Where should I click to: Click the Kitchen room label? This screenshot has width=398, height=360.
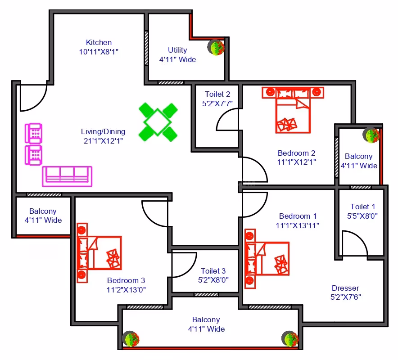pos(99,42)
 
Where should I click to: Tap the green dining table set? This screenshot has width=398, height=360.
pos(158,122)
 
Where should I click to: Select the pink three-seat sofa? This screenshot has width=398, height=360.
pos(67,176)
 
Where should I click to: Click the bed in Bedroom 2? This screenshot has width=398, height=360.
pos(293,110)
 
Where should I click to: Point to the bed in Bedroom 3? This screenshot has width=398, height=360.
pos(99,253)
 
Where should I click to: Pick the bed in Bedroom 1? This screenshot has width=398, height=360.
pos(267,258)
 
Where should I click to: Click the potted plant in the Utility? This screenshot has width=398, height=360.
pos(216,47)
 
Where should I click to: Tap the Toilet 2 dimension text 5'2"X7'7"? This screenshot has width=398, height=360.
pos(217,103)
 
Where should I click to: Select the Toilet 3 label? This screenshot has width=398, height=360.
pos(213,271)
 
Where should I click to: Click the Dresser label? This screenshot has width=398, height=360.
pos(345,288)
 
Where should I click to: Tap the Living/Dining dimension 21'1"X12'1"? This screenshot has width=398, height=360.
pos(103,140)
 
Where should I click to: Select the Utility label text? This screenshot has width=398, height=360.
pos(177,50)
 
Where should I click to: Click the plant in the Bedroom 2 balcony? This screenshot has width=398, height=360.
pos(371,135)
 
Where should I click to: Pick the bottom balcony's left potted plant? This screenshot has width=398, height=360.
pos(131,339)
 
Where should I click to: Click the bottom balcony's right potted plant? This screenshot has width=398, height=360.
pos(290,339)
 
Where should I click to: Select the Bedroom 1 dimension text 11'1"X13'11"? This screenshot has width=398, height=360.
pos(298,225)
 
